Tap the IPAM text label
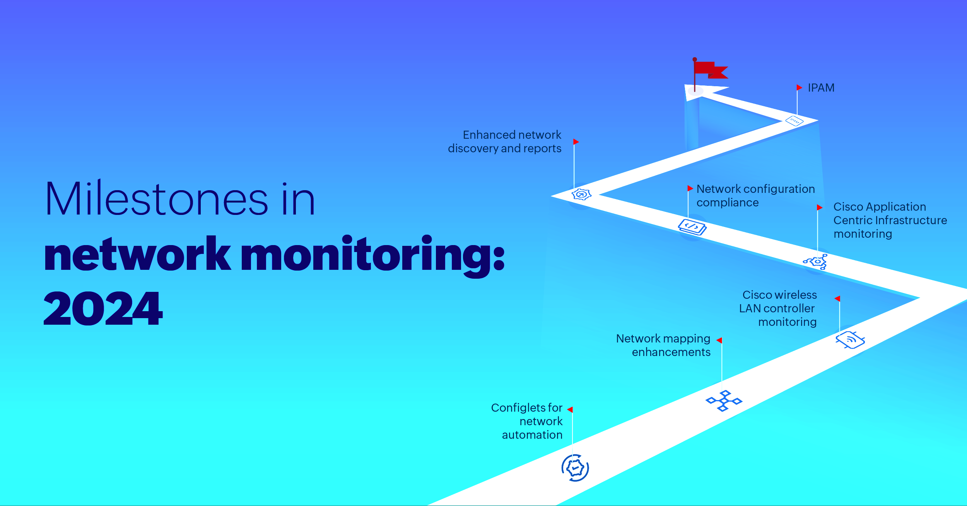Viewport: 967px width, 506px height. (821, 88)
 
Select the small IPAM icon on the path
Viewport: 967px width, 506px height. (794, 121)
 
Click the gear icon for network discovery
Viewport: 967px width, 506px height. (581, 194)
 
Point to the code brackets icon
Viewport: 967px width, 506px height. (692, 227)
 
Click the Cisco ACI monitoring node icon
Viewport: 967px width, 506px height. (816, 262)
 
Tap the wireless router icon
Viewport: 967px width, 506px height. (850, 340)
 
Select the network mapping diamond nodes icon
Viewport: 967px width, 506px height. (724, 401)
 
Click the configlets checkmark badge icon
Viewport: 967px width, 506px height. (575, 468)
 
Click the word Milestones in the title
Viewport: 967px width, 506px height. (157, 199)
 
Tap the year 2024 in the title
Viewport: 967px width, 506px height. (103, 308)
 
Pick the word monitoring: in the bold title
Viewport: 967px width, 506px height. (373, 255)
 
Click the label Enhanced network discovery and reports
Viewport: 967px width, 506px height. (504, 141)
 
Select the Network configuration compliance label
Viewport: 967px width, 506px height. (755, 196)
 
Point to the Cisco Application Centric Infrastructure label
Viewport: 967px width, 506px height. (890, 220)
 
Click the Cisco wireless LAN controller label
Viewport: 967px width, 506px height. (778, 308)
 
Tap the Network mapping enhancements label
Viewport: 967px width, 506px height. (663, 345)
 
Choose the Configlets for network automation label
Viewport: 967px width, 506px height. (527, 421)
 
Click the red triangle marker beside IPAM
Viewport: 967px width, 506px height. (800, 87)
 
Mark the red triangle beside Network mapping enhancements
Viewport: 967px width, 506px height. (719, 340)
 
